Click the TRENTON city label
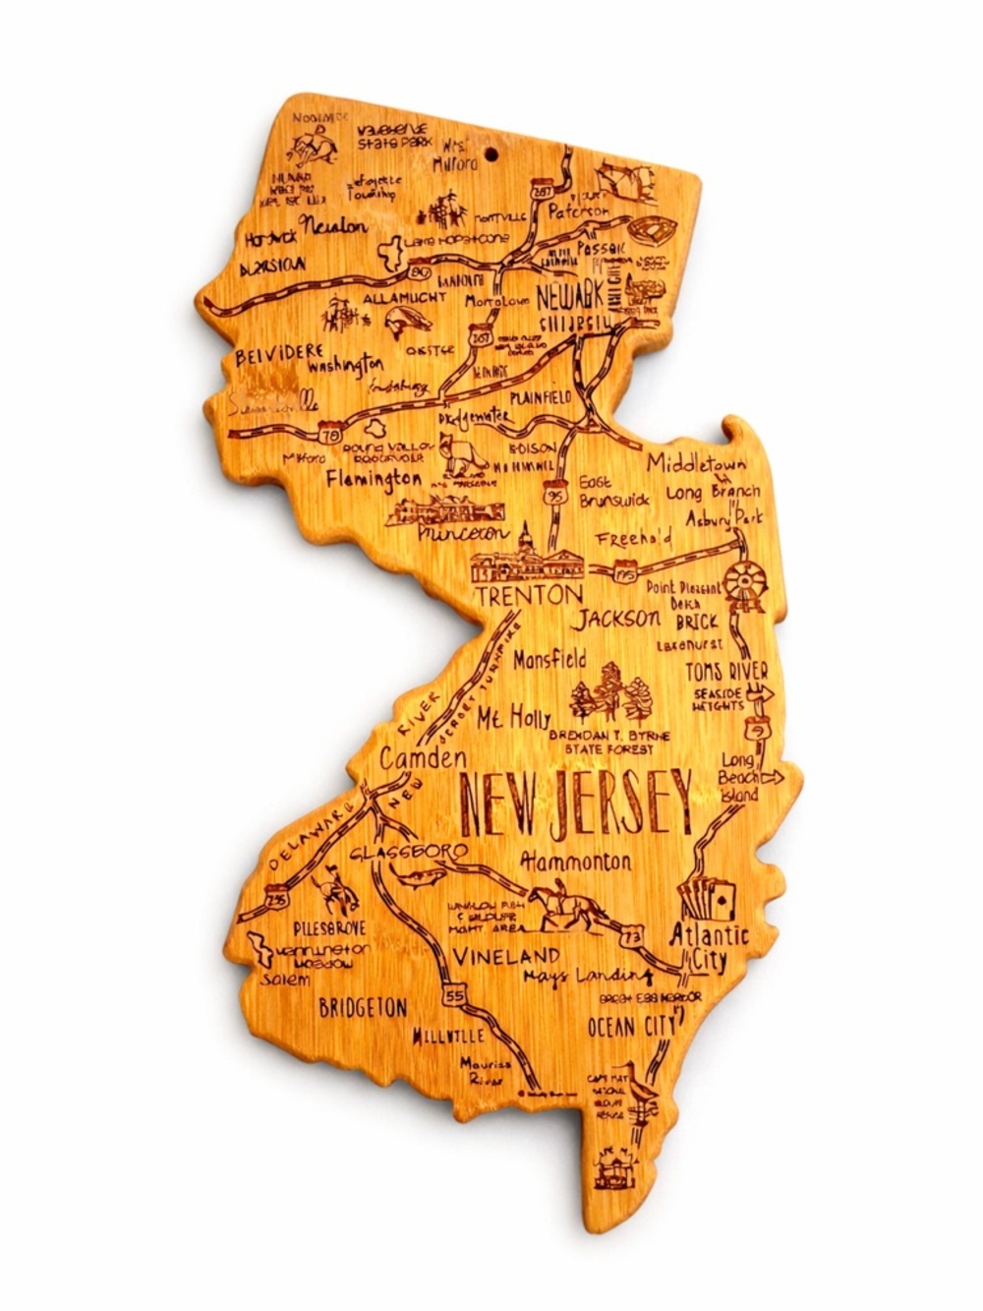click(529, 595)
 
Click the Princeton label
click(463, 533)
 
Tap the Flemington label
click(375, 481)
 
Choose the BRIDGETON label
click(363, 1007)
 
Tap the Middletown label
click(696, 463)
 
